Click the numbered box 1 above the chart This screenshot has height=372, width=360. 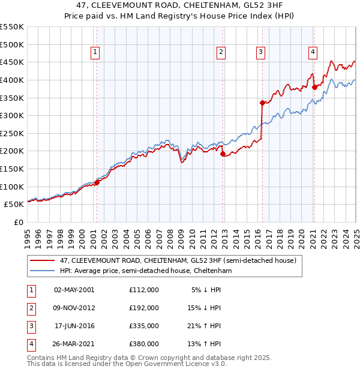point(96,53)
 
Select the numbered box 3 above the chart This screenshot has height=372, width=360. point(261,53)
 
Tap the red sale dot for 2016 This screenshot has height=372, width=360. point(262,103)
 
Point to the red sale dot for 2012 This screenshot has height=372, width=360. point(223,154)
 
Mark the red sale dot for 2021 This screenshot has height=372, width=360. point(314,86)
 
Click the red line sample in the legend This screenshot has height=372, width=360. point(41,261)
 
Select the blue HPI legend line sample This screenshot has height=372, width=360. point(41,271)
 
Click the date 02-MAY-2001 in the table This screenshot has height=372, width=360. point(74,290)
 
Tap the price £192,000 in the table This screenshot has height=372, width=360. point(144,308)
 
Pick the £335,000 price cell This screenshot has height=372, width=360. point(144,326)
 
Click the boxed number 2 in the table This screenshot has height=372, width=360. point(30,308)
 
